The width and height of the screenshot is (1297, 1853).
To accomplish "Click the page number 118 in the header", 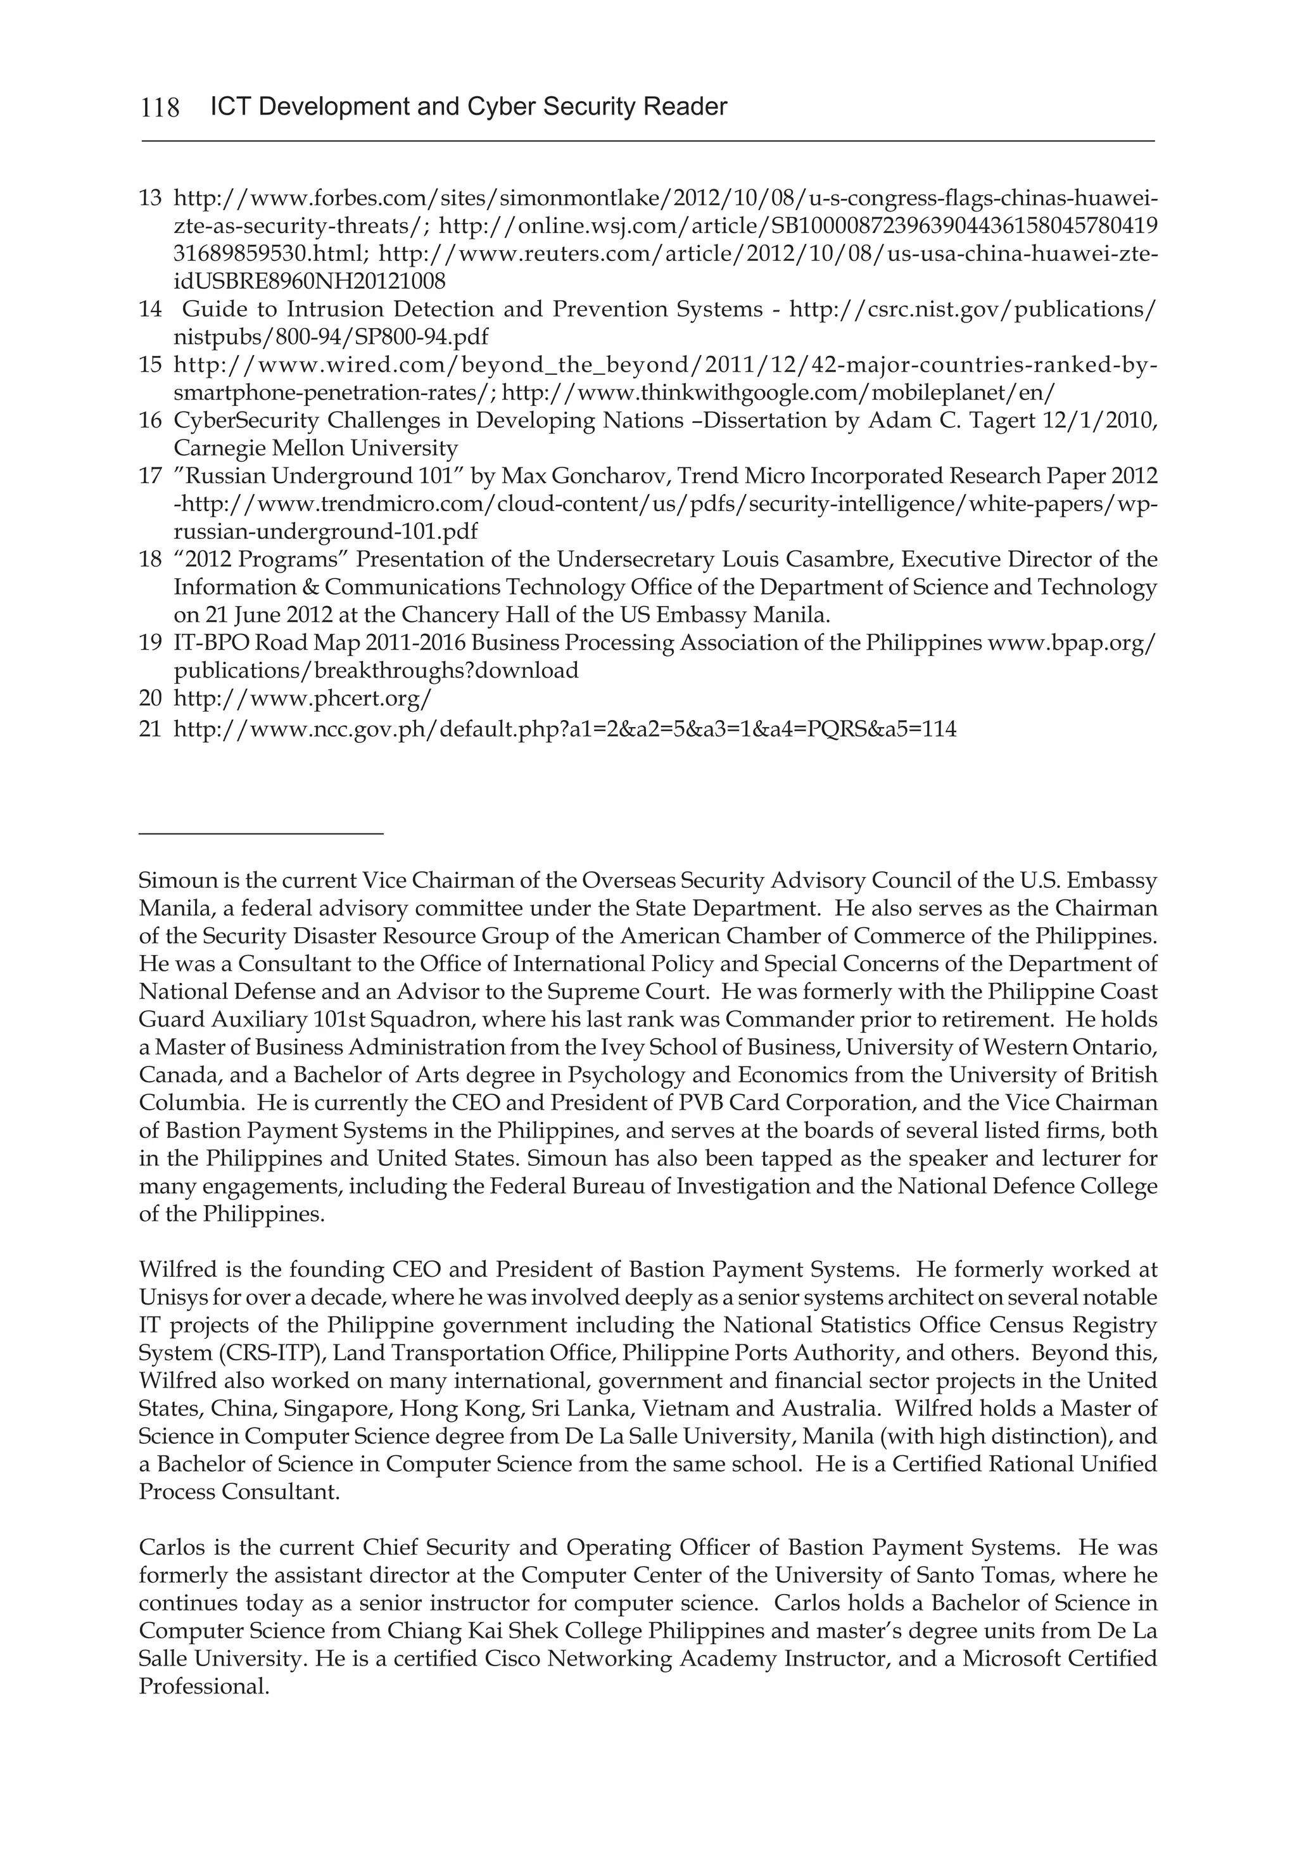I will point(160,107).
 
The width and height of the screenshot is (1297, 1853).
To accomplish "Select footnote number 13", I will point(150,198).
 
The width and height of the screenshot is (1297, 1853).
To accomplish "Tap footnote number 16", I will point(150,421).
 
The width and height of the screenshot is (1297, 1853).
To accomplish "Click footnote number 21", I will point(150,730).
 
